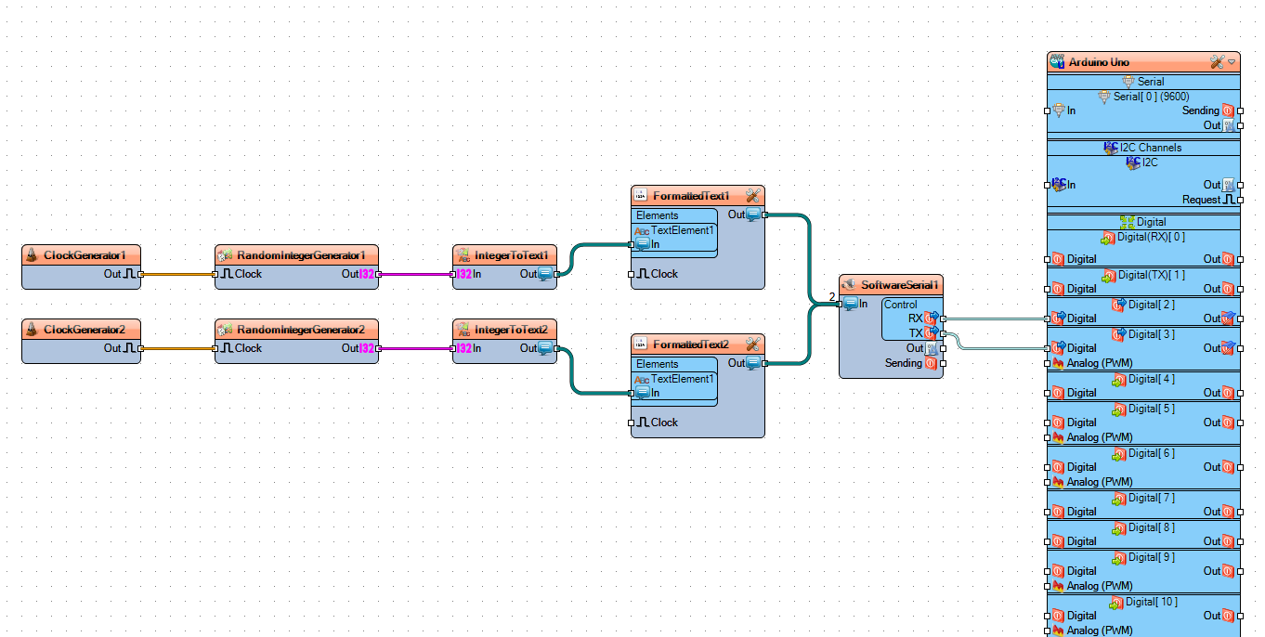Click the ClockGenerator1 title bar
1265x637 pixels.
[x=84, y=254]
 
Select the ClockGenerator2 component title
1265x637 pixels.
[x=84, y=329]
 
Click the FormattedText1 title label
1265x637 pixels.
[x=691, y=196]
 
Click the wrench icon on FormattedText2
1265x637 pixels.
[x=752, y=344]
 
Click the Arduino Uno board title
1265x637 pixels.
[x=1099, y=62]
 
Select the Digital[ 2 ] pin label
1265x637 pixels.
[x=1143, y=305]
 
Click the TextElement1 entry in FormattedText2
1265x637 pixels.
[x=682, y=379]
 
